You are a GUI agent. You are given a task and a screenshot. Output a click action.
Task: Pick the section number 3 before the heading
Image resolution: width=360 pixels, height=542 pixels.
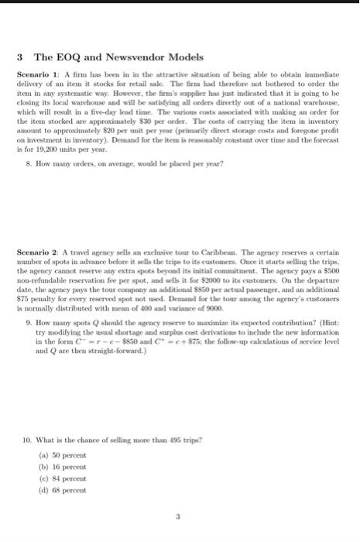[x=19, y=58]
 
